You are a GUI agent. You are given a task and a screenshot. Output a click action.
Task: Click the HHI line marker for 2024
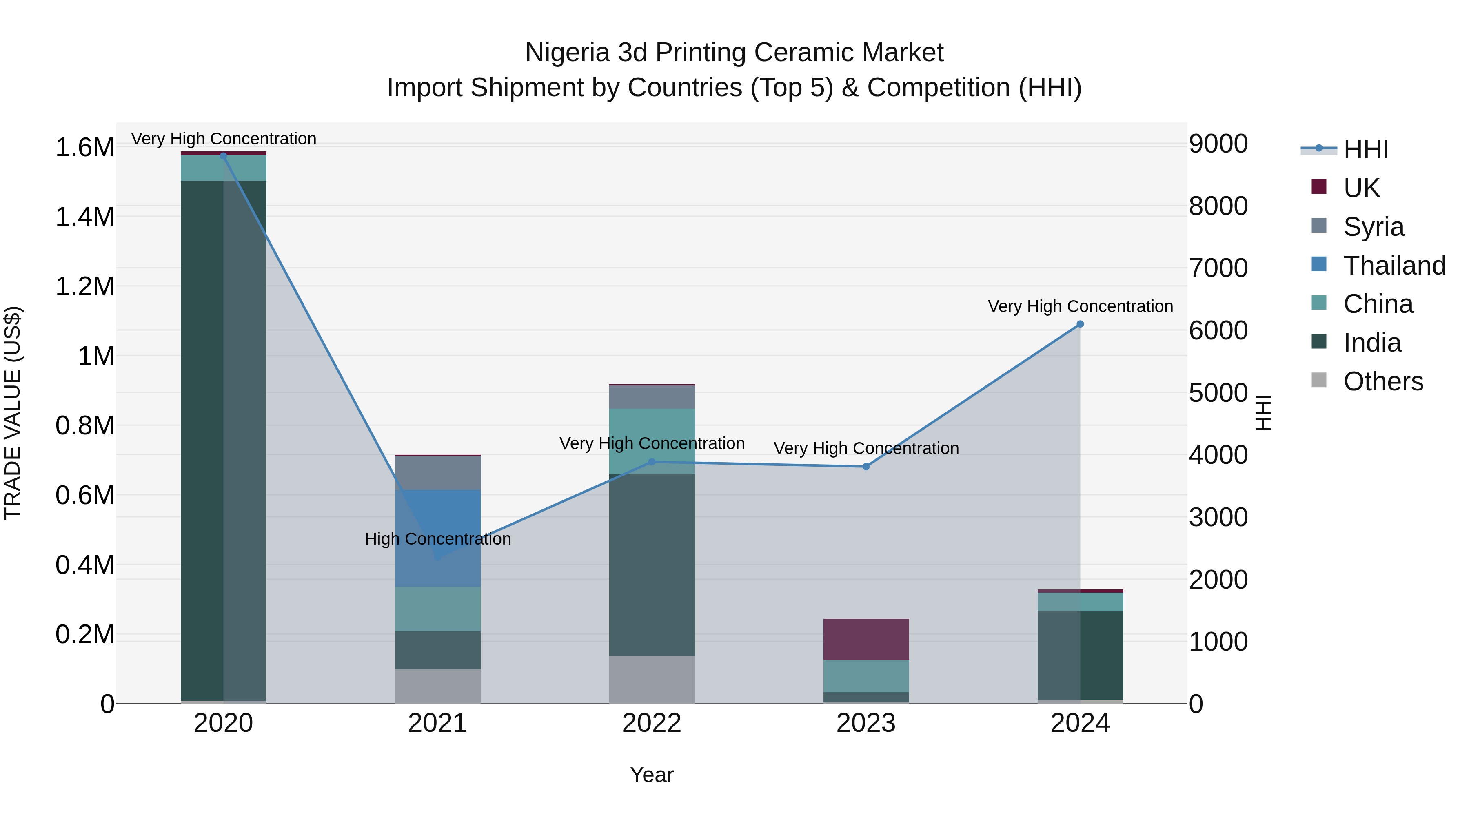coord(1079,324)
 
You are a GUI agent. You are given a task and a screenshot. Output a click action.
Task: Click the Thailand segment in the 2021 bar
coord(437,538)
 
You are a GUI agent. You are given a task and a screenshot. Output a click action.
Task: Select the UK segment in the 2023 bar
coord(865,639)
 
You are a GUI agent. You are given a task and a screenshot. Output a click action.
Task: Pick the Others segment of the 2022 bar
coord(651,680)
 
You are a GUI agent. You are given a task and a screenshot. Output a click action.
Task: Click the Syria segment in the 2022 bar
coord(651,397)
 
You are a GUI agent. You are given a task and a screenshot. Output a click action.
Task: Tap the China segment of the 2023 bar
coord(865,676)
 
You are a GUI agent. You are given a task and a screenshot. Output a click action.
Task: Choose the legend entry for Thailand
coord(1394,266)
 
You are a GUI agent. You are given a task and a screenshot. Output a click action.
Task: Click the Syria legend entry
coord(1373,227)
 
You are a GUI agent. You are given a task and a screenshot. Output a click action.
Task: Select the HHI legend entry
coord(1365,149)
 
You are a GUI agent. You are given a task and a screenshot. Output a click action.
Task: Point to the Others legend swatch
coord(1319,380)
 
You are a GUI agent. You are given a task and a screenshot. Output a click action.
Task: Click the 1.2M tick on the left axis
coord(84,287)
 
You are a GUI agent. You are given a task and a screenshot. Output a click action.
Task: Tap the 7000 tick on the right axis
coord(1218,268)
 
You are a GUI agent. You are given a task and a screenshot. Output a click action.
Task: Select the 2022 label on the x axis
coord(651,723)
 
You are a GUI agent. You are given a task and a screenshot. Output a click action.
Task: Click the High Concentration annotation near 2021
coord(437,539)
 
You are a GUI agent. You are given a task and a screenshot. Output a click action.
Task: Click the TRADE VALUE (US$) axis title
coord(13,413)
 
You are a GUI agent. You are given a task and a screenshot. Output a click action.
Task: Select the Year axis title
coord(651,775)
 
